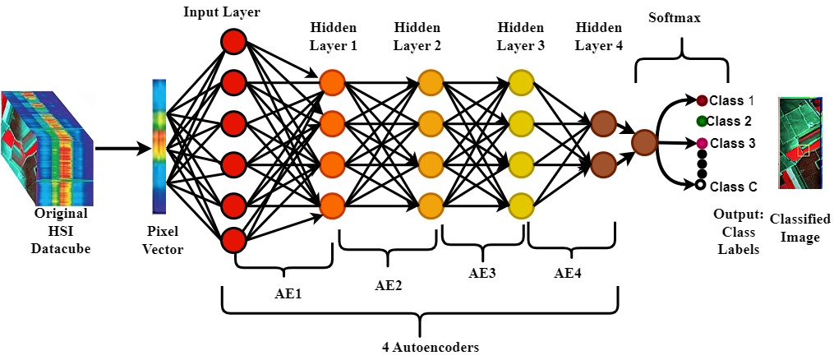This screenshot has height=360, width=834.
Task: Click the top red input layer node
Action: pos(233,43)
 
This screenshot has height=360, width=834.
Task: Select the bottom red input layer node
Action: pos(233,241)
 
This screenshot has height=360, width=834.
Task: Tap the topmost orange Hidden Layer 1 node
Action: pos(332,83)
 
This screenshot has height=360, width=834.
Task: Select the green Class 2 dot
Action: pos(702,122)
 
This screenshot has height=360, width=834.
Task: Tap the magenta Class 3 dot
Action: pos(702,144)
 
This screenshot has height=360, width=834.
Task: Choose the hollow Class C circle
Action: pos(701,187)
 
